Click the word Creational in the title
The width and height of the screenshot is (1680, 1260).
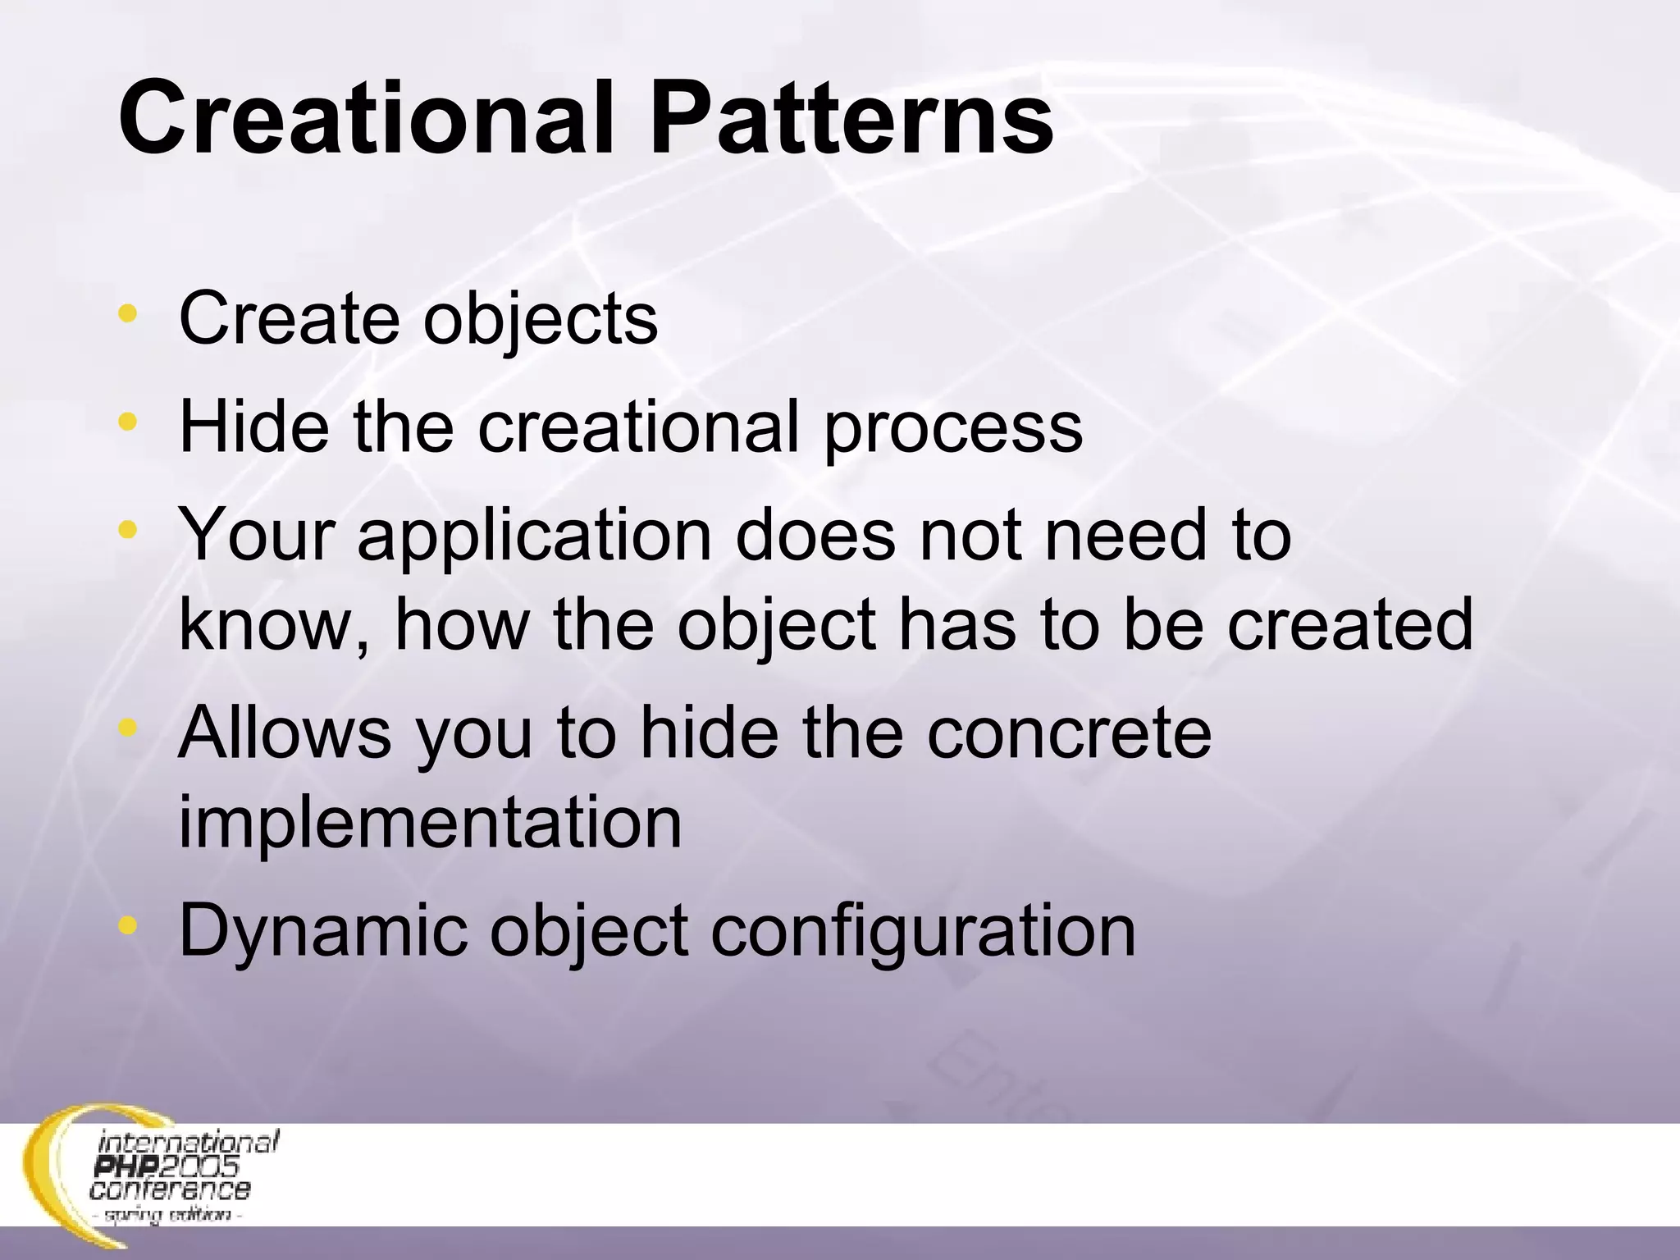point(366,120)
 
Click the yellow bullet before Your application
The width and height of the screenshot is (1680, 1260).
point(127,530)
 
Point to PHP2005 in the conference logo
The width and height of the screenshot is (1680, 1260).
point(167,1166)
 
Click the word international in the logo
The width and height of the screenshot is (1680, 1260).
point(189,1142)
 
